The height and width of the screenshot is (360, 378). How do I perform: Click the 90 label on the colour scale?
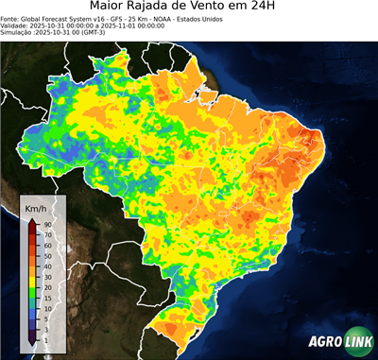pos(46,224)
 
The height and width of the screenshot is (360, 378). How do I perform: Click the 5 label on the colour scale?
pos(44,318)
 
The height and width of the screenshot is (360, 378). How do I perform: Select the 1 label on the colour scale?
pos(44,337)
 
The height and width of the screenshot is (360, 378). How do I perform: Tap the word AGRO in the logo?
pos(324,341)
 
